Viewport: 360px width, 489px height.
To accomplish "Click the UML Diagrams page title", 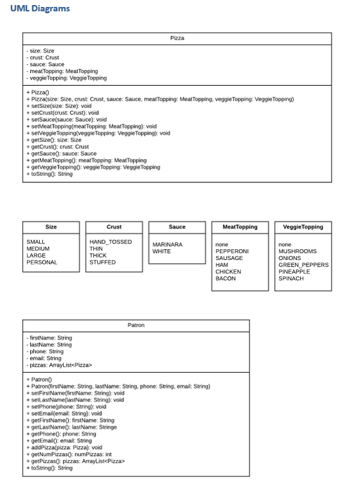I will point(40,9).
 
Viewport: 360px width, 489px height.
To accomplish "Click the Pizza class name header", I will point(177,38).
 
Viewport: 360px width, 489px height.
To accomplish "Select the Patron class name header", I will point(136,326).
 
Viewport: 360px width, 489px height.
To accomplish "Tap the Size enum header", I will point(51,227).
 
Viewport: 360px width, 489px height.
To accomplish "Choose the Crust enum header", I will point(114,227).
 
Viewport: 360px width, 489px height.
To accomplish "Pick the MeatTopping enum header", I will point(240,227).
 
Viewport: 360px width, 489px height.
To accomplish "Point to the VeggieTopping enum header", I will point(303,227).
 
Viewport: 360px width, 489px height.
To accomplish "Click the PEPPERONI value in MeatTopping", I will point(232,251).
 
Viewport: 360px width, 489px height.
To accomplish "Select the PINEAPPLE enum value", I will point(294,271).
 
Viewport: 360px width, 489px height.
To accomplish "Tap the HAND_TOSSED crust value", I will point(111,242).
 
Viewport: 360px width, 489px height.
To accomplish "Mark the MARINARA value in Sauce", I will point(167,244).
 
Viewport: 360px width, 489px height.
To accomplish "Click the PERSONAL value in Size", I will point(42,262).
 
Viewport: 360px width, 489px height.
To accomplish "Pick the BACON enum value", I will point(225,278).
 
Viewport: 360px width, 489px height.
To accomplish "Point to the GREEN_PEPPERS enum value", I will point(303,265).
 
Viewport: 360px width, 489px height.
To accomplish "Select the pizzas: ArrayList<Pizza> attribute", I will point(59,365).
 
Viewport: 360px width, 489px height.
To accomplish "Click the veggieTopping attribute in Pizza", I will point(66,78).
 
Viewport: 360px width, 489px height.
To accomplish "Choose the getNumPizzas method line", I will point(69,454).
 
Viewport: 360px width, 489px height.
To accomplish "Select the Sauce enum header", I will point(177,227).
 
